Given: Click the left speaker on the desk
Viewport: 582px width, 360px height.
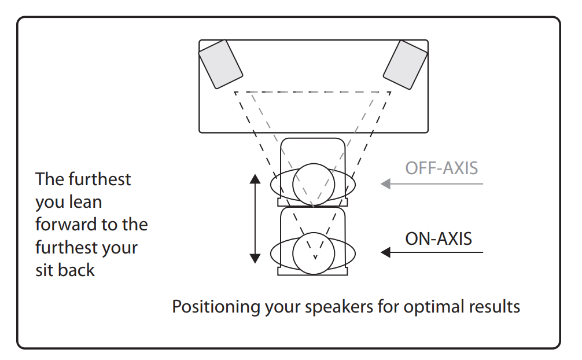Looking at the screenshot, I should click(x=220, y=64).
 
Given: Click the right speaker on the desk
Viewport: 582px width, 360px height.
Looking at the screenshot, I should click(x=406, y=64).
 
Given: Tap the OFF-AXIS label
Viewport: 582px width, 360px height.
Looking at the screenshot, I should click(x=441, y=168).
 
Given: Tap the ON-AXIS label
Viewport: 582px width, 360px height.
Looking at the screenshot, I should click(x=439, y=238).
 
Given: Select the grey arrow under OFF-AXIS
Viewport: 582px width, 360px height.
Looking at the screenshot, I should click(x=431, y=184).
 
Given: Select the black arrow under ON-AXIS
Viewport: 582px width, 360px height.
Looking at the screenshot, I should click(x=431, y=252).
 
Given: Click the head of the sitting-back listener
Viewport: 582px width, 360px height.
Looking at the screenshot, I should click(x=313, y=254).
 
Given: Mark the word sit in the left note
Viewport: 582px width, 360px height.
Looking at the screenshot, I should click(x=45, y=270).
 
